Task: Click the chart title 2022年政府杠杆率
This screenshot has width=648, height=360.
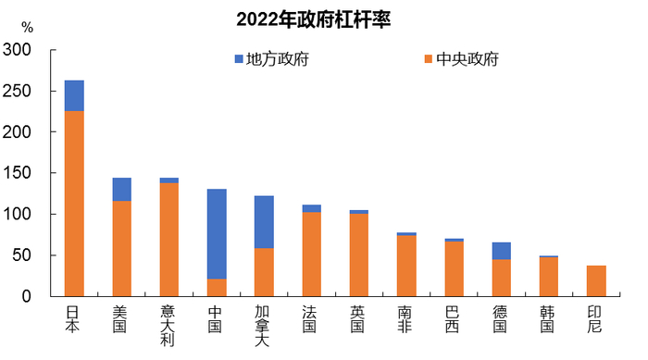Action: pyautogui.click(x=314, y=19)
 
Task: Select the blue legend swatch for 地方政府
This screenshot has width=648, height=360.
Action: pyautogui.click(x=239, y=60)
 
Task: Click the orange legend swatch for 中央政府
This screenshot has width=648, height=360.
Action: pyautogui.click(x=429, y=60)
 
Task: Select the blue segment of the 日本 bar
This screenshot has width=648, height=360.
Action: pyautogui.click(x=74, y=95)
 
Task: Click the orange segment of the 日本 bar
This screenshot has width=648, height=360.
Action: pyautogui.click(x=74, y=204)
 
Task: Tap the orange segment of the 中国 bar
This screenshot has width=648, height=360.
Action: pyautogui.click(x=217, y=287)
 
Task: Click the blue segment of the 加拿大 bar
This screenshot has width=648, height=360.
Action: pyautogui.click(x=264, y=222)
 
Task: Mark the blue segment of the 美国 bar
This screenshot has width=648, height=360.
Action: pyautogui.click(x=121, y=189)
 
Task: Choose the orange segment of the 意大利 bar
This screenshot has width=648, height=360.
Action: pyautogui.click(x=169, y=239)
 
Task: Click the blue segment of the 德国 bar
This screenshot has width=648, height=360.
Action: pyautogui.click(x=501, y=251)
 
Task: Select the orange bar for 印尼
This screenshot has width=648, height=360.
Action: pyautogui.click(x=596, y=280)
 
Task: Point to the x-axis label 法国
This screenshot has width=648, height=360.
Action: pyautogui.click(x=311, y=320)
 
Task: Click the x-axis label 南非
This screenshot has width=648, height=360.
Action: pyautogui.click(x=406, y=320)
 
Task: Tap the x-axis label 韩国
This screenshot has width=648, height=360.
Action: pyautogui.click(x=549, y=320)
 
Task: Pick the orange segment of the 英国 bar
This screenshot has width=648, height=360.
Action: pyautogui.click(x=359, y=254)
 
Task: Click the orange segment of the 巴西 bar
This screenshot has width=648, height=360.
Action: pyautogui.click(x=454, y=268)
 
